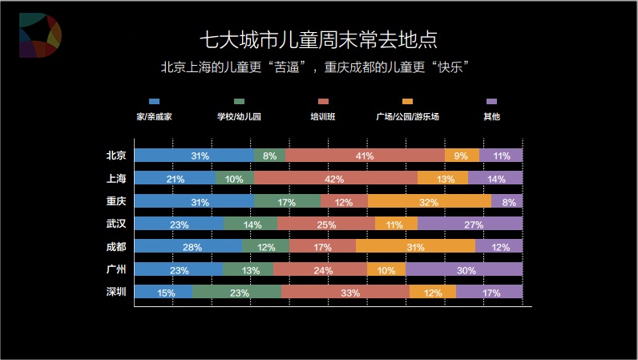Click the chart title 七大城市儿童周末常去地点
(318, 40)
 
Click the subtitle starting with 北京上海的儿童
(318, 67)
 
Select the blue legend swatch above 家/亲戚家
(155, 101)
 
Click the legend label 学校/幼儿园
(239, 116)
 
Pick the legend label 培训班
(323, 116)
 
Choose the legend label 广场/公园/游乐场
(407, 116)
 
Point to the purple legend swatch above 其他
(491, 101)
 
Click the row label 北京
(116, 156)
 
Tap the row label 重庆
(116, 200)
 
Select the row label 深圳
(116, 292)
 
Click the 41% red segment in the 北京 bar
(365, 156)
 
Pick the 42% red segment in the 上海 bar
(336, 178)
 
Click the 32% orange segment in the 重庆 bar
(430, 201)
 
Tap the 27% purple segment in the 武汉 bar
(470, 224)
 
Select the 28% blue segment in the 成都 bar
(188, 246)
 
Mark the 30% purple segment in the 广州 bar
(464, 269)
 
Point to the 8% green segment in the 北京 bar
(269, 156)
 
